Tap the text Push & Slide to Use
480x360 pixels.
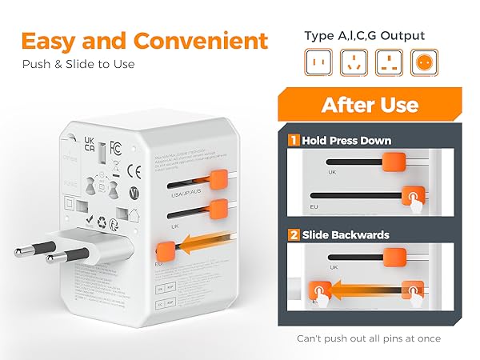coord(78,64)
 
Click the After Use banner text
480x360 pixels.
coord(369,105)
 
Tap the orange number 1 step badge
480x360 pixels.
coord(294,141)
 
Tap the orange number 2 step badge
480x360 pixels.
coord(294,234)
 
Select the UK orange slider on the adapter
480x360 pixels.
coord(216,210)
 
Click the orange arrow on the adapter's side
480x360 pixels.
coord(196,246)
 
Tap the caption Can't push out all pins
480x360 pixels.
coord(369,338)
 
